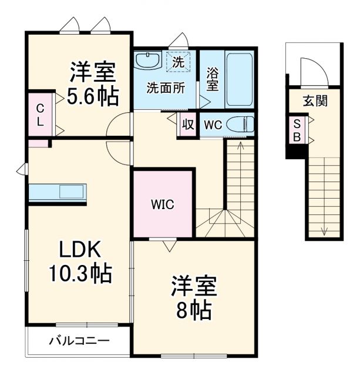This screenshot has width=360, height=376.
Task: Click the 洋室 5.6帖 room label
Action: pos(93,84)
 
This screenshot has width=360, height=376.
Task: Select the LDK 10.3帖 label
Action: pos(83,261)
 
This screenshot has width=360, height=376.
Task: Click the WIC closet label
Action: pos(162,205)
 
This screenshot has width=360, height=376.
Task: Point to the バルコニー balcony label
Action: pos(79,340)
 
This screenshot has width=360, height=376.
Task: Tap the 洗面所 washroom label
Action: pos(166,88)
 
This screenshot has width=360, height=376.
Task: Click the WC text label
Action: pos(211,125)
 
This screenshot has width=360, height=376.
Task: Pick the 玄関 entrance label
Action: pos(315,100)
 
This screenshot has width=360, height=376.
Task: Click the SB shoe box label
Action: pos(297,130)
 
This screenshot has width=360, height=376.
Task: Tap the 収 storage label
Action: pos(187,125)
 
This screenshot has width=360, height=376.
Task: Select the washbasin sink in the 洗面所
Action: pos(147,61)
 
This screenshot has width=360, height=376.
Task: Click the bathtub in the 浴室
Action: pos(239,79)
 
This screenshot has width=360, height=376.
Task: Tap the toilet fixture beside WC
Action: pos(240,125)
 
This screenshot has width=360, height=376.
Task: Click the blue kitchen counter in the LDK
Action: pos(57,192)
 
